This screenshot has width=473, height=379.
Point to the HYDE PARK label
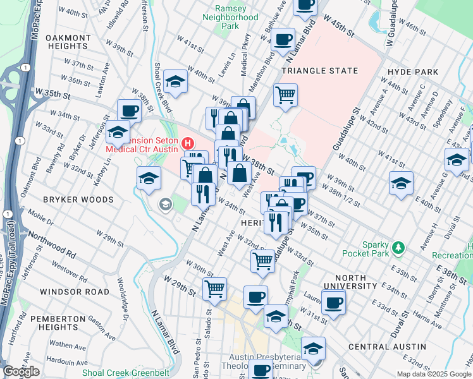tap(414, 72)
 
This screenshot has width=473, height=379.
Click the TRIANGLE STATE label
tap(320, 71)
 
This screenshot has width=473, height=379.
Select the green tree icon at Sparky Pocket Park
tap(398, 246)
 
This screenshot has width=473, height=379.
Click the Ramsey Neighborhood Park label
tap(235, 18)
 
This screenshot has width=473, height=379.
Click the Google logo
tap(21, 371)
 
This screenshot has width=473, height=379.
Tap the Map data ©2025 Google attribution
tap(434, 374)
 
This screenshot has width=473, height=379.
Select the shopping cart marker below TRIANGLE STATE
tap(285, 95)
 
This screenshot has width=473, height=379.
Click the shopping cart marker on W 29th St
tap(214, 289)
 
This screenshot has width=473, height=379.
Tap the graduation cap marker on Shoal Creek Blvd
tap(175, 81)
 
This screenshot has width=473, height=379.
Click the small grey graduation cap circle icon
tap(166, 204)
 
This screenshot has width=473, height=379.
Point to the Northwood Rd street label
tap(54, 250)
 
